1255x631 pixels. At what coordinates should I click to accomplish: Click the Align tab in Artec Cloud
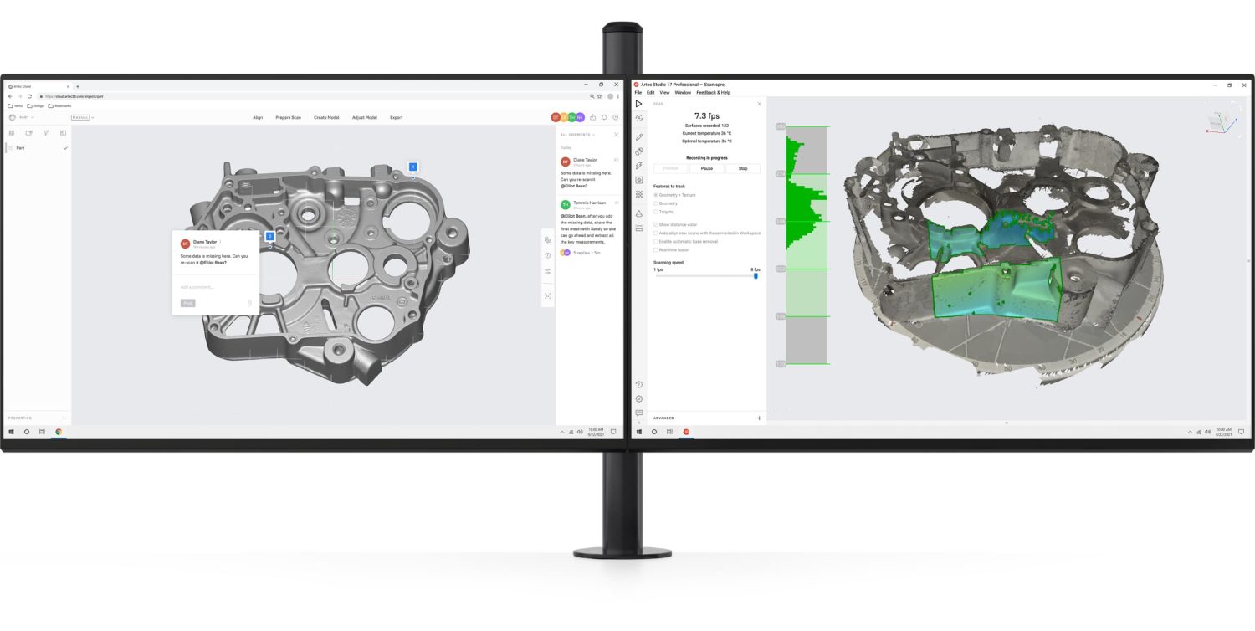point(258,117)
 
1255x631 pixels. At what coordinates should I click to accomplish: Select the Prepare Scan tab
point(288,117)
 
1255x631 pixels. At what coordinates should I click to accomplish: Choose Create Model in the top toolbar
point(326,117)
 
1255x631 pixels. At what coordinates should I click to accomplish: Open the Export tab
point(396,117)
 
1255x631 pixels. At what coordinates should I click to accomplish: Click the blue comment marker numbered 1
point(412,167)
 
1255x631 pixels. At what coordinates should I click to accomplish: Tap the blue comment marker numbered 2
point(270,237)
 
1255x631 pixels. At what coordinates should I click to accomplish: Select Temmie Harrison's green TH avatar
point(565,204)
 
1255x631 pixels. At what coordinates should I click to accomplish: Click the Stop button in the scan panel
point(743,168)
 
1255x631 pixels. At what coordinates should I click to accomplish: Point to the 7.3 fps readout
point(707,115)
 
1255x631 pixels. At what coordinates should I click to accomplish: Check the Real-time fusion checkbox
point(656,249)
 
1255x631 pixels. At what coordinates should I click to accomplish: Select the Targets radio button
point(656,212)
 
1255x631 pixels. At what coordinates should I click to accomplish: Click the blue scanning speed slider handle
point(756,275)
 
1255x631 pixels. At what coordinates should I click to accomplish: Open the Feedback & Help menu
point(713,92)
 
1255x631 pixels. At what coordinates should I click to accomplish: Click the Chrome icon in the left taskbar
point(59,432)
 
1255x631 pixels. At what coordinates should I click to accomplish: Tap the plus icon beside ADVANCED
point(759,418)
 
